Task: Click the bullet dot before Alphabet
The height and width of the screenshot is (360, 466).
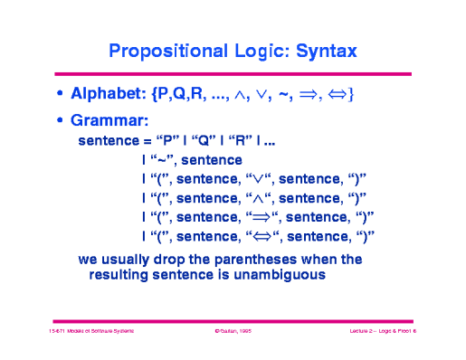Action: tap(61, 94)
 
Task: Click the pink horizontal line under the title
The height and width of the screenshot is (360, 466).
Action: tap(233, 73)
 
